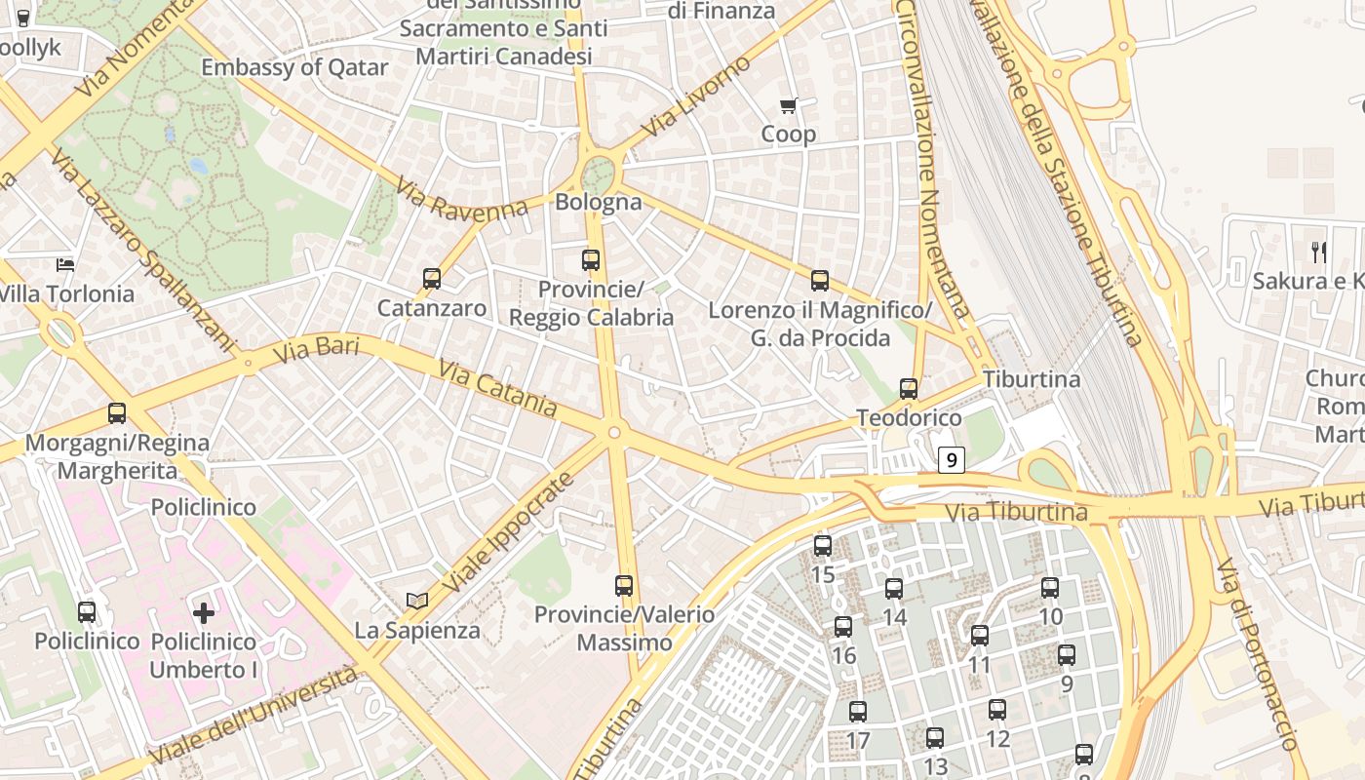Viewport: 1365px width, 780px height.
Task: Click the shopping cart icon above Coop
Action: [x=788, y=105]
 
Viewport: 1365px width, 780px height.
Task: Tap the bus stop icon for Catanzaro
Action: [x=432, y=279]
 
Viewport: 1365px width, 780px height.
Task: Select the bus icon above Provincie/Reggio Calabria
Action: [x=591, y=260]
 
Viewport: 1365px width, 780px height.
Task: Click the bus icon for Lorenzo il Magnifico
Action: [x=820, y=281]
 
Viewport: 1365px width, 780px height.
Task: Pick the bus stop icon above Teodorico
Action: [x=909, y=389]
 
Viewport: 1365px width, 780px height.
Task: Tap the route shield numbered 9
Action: [x=952, y=460]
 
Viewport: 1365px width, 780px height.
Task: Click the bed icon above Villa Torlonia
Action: [x=65, y=264]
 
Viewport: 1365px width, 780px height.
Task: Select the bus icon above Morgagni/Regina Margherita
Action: [x=117, y=413]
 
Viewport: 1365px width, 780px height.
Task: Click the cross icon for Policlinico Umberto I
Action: [x=204, y=612]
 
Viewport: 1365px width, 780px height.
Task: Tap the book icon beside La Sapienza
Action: [x=417, y=601]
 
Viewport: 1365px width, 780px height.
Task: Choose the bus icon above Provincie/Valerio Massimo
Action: [x=624, y=586]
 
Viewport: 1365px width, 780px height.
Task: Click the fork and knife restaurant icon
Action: [x=1319, y=253]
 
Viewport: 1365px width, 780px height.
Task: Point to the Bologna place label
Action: [x=599, y=203]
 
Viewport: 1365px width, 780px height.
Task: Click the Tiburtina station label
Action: [x=1032, y=379]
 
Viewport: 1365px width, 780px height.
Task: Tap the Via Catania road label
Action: [x=497, y=388]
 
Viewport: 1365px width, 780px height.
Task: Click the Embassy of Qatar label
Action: [x=294, y=67]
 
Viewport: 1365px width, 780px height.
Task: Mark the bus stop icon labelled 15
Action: [x=823, y=546]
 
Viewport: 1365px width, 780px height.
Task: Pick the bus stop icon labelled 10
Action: [x=1050, y=588]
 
